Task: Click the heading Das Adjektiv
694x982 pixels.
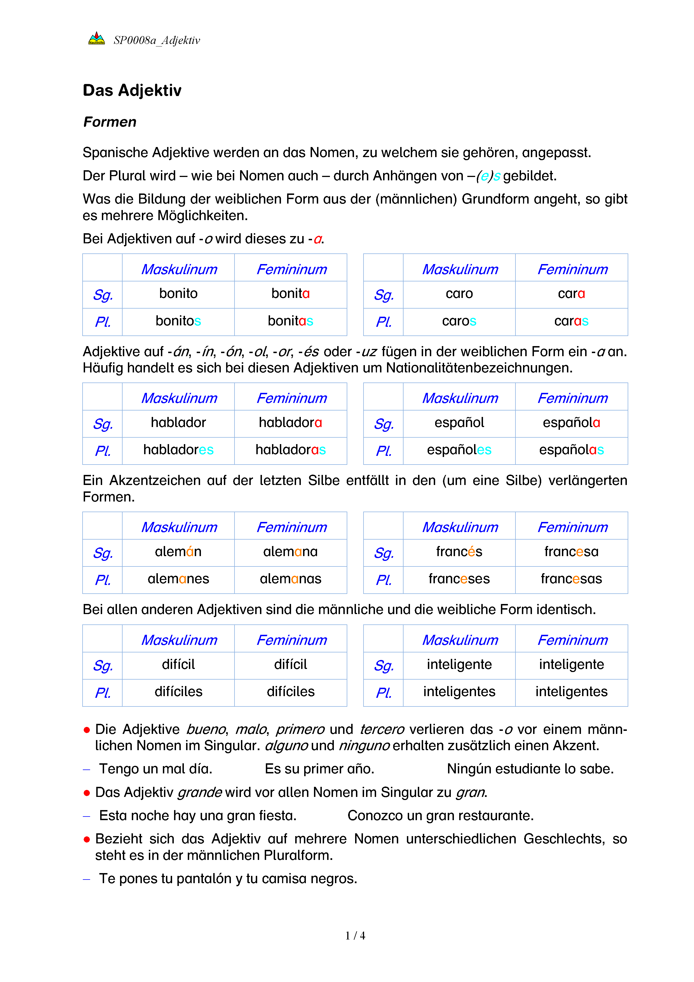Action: pyautogui.click(x=132, y=90)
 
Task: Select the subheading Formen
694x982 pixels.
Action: pyautogui.click(x=110, y=122)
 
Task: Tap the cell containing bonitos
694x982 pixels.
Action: pyautogui.click(x=178, y=321)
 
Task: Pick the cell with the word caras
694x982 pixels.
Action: pyautogui.click(x=571, y=321)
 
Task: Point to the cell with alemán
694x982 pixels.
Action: pyautogui.click(x=178, y=552)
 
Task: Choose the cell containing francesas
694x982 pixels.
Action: pyautogui.click(x=571, y=579)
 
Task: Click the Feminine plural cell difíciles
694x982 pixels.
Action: pyautogui.click(x=290, y=692)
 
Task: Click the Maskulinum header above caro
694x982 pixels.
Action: pyautogui.click(x=460, y=269)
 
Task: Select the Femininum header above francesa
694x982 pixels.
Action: pyautogui.click(x=572, y=527)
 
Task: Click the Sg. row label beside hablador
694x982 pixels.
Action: pyautogui.click(x=103, y=424)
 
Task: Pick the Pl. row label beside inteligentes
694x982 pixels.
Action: pyautogui.click(x=383, y=692)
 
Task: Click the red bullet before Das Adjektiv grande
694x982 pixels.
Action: pyautogui.click(x=87, y=793)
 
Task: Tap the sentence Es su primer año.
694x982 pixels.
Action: pyautogui.click(x=319, y=769)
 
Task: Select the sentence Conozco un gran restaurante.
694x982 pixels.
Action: pyautogui.click(x=440, y=816)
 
